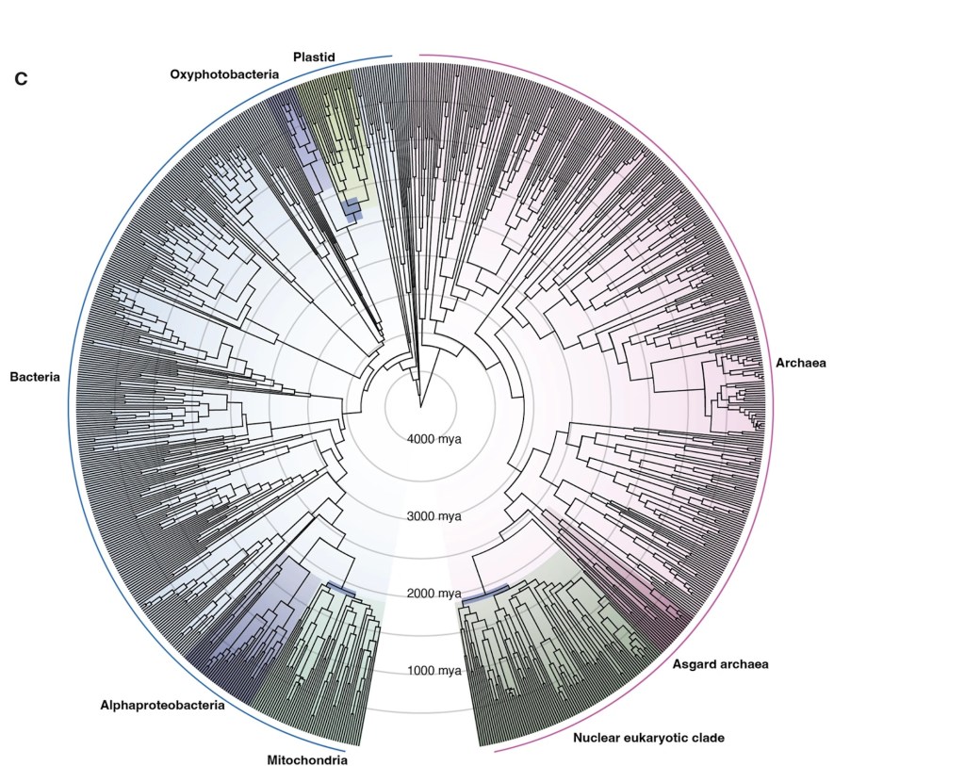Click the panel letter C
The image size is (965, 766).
point(21,79)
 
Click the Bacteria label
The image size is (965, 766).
point(35,377)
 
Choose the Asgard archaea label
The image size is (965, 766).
point(721,664)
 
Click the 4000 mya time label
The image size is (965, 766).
point(434,439)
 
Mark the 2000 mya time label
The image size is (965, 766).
point(434,594)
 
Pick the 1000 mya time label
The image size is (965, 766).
point(434,671)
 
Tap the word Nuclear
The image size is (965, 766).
point(598,737)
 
